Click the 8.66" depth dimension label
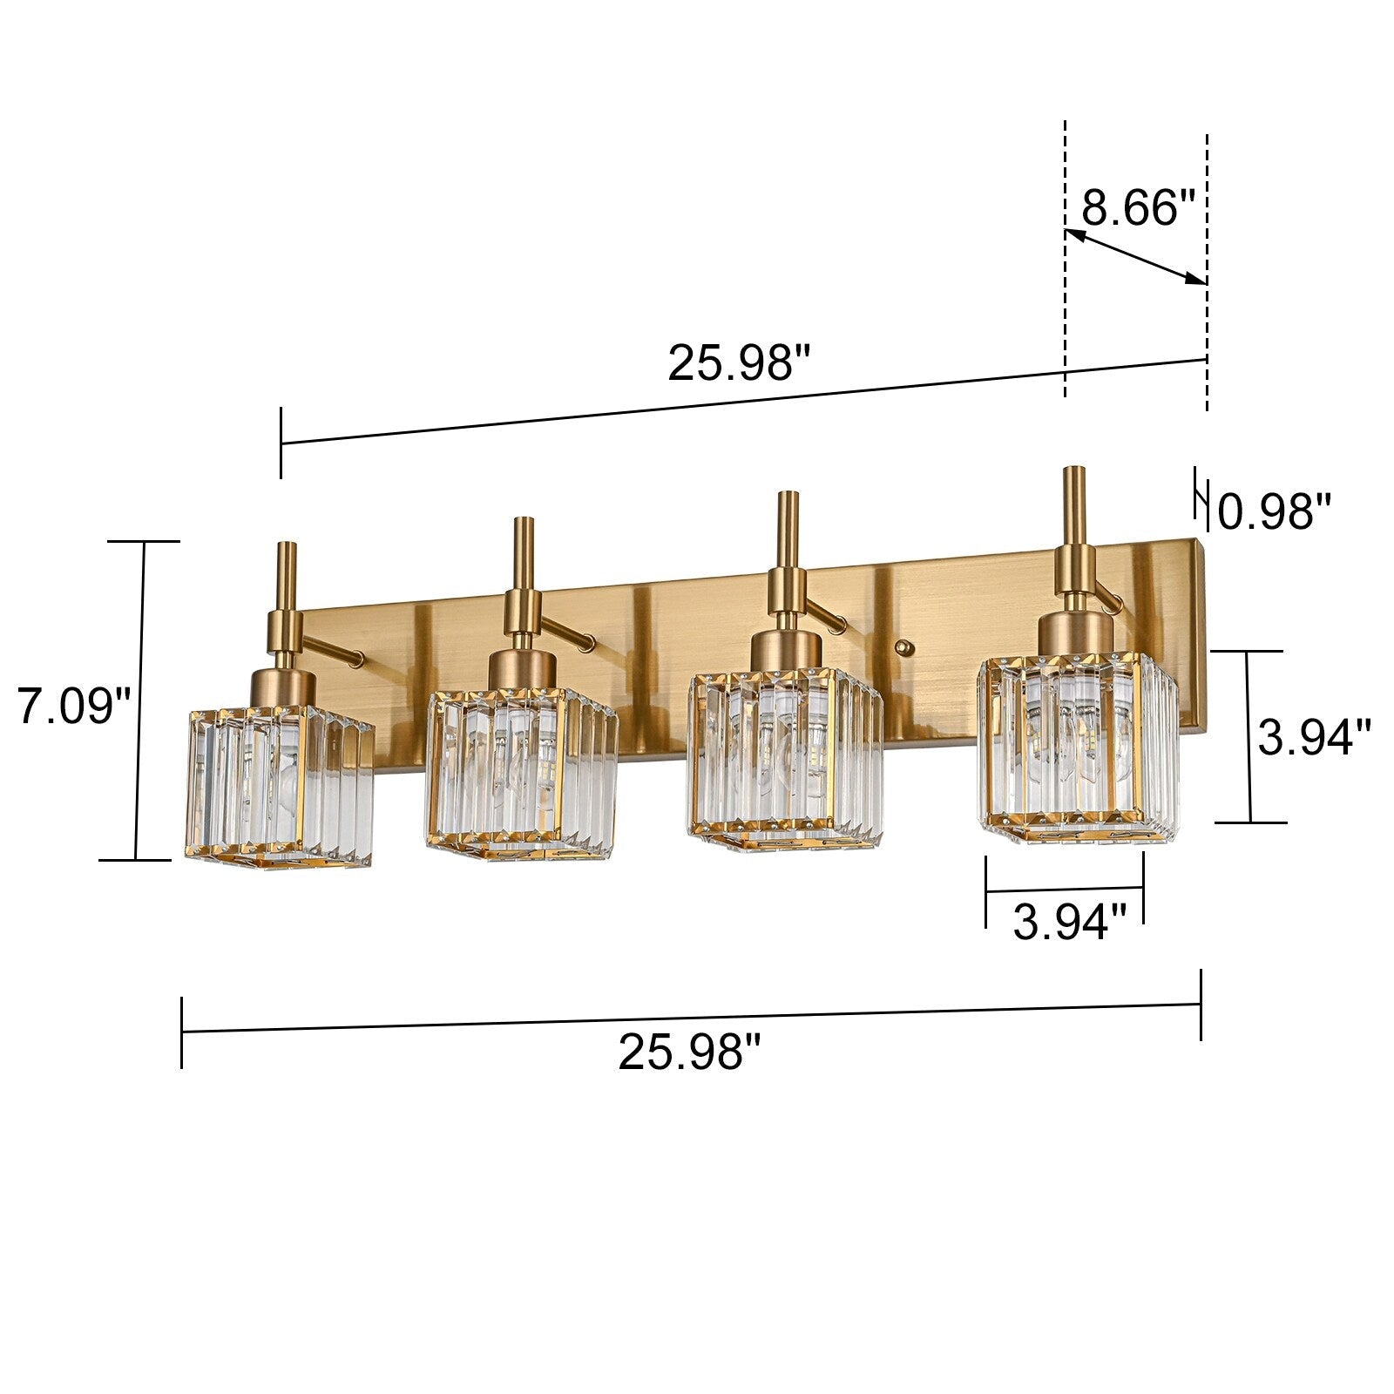1138,208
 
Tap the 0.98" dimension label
1275,512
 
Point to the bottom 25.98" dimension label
689,1052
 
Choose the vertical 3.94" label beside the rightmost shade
1314,738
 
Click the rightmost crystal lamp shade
1076,749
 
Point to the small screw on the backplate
904,647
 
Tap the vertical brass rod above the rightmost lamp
1074,505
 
